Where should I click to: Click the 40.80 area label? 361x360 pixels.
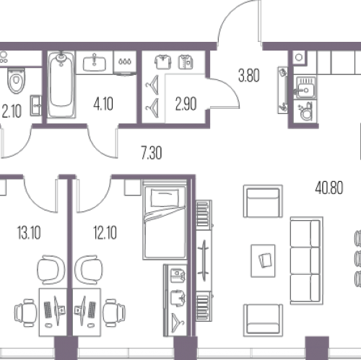click(329, 188)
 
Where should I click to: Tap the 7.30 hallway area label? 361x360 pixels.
click(152, 153)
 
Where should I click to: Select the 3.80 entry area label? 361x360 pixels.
click(249, 76)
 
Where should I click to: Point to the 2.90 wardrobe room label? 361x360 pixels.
click(186, 104)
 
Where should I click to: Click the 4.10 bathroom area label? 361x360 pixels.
click(103, 104)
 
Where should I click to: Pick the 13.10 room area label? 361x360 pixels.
click(29, 233)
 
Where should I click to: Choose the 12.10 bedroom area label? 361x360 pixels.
click(105, 233)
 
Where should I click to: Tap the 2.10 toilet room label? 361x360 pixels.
click(12, 111)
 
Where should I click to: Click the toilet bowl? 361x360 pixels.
click(16, 81)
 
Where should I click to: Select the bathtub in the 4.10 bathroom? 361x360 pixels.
click(61, 84)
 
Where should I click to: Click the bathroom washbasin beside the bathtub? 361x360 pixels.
click(94, 63)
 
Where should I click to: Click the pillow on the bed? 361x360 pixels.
click(165, 198)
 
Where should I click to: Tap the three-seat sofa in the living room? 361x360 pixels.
click(306, 260)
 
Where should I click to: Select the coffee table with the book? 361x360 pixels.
click(263, 261)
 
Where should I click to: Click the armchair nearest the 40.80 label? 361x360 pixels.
click(263, 201)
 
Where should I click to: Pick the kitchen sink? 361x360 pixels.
click(305, 87)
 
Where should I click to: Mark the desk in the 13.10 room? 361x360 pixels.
click(53, 312)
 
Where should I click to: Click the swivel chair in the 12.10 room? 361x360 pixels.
click(89, 269)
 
